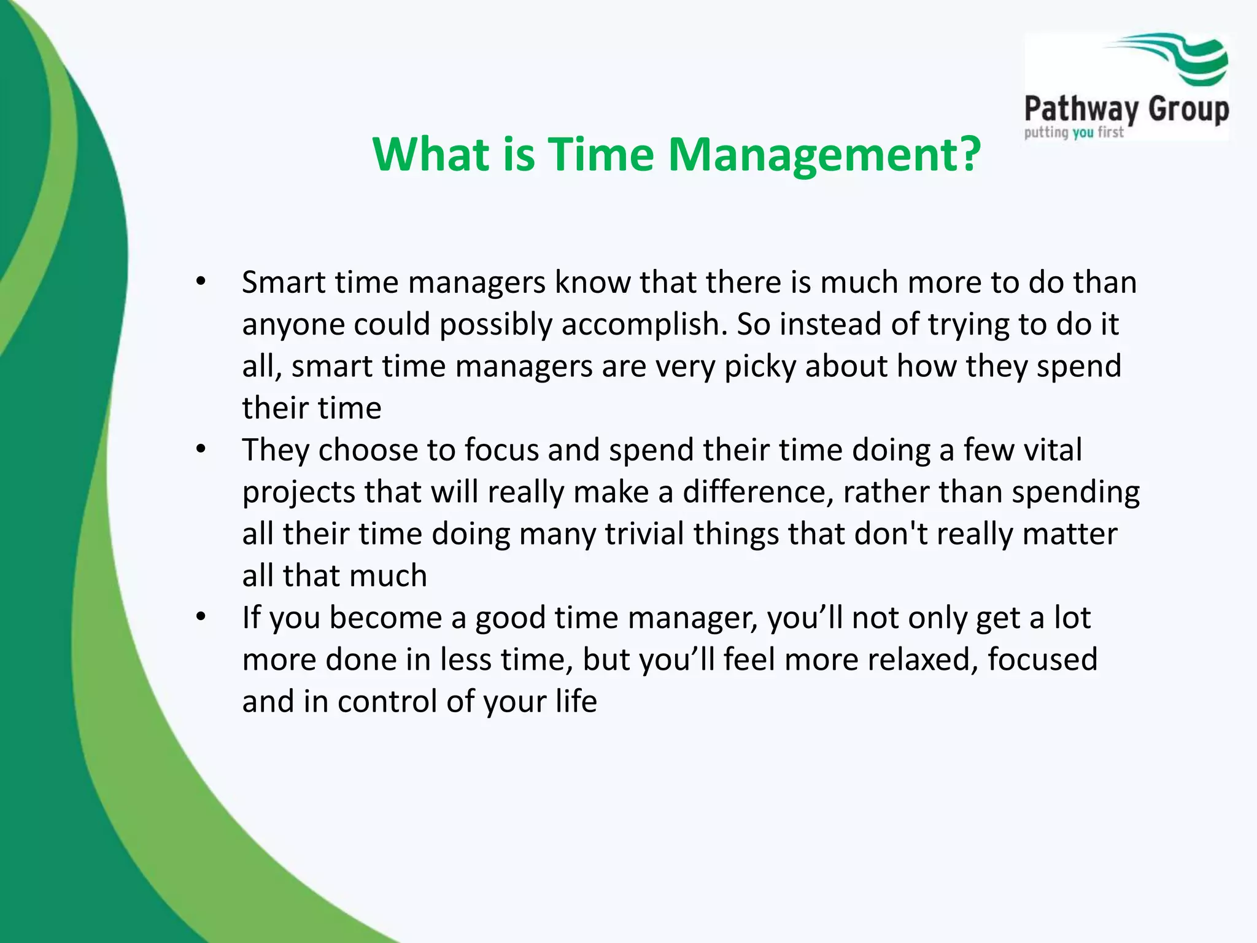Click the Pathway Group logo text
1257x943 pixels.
pos(1126,110)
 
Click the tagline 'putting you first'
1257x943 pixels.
pos(1073,133)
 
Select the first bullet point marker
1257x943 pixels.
pos(201,282)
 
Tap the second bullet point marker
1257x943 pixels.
pos(201,450)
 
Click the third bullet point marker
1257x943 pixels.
pos(201,617)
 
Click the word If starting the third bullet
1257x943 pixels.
pos(251,618)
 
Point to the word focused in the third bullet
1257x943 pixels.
pos(1042,660)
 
